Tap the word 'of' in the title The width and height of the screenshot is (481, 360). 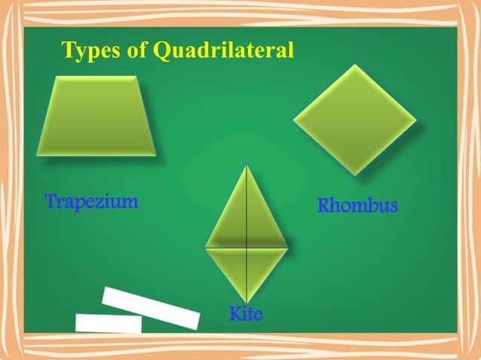[x=136, y=51]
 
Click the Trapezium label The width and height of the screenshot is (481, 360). [x=91, y=202]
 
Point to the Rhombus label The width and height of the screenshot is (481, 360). [x=357, y=205]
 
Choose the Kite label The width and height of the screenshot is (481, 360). [x=246, y=313]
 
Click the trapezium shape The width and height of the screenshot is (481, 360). [x=97, y=116]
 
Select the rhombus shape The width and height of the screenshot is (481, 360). [x=354, y=119]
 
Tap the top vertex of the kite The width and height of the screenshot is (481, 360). [x=247, y=166]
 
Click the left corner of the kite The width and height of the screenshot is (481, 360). [x=206, y=246]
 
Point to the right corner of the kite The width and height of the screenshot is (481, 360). [x=288, y=246]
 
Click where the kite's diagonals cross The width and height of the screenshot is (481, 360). [x=247, y=246]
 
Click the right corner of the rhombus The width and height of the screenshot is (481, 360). [x=416, y=119]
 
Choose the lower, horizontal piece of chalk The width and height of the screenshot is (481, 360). [x=109, y=323]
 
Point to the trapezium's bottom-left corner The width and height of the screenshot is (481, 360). [x=37, y=155]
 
